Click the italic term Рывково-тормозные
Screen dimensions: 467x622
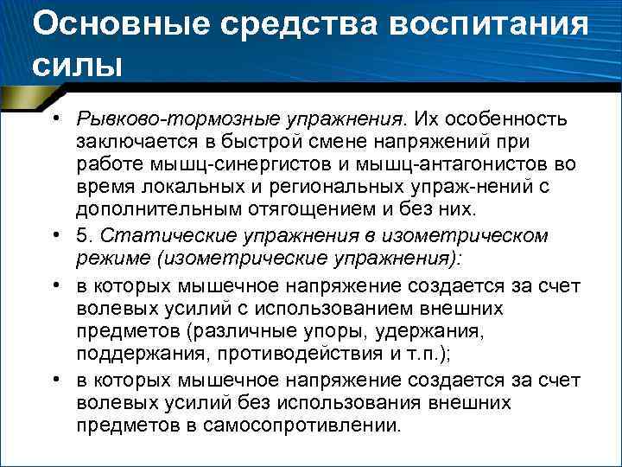coord(156,117)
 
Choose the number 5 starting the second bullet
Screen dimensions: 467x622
coord(82,235)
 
